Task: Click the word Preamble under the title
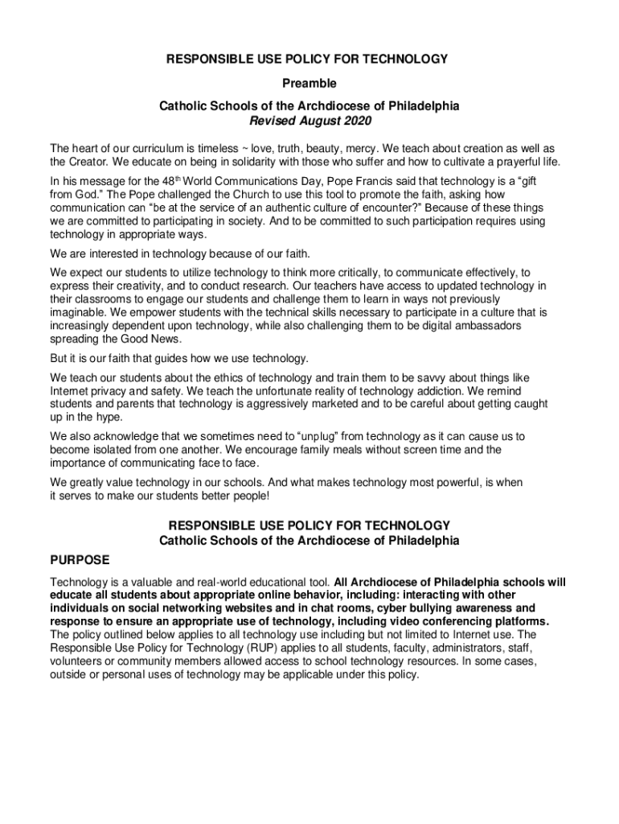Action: click(x=309, y=83)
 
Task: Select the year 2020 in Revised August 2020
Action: click(x=359, y=122)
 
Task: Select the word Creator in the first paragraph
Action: click(x=91, y=162)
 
